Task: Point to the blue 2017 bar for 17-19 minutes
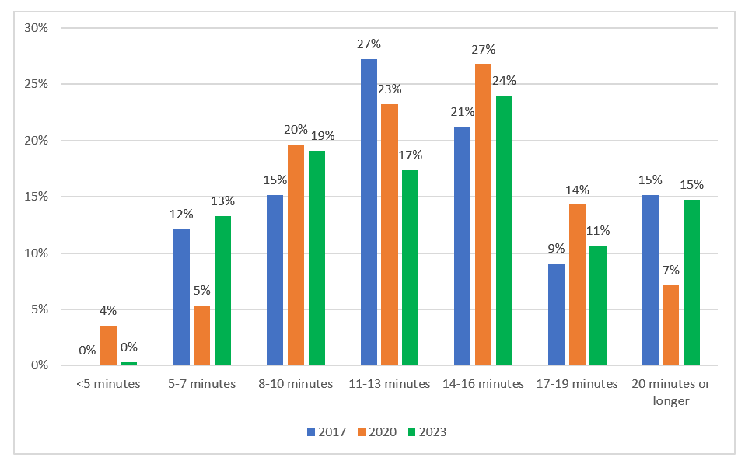point(556,314)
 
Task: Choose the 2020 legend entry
point(376,432)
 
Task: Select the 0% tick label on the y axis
point(40,365)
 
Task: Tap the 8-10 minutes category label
point(296,384)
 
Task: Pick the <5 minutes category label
point(108,384)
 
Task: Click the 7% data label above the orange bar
point(670,271)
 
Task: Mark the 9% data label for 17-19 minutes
point(556,249)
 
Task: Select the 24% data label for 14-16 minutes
point(504,81)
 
